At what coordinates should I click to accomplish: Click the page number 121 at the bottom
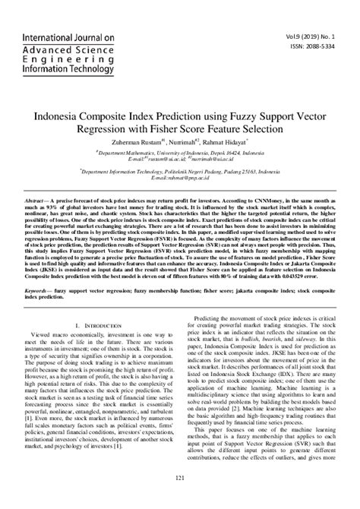[180, 477]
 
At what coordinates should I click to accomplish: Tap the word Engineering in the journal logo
[64, 58]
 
